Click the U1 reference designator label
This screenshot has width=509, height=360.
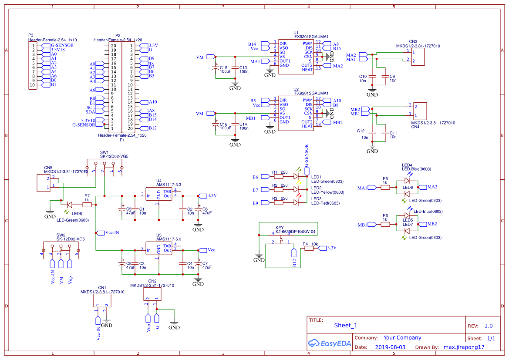296,33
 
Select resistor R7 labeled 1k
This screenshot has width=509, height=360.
87,204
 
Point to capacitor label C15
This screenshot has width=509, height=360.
223,67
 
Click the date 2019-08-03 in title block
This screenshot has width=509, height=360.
390,347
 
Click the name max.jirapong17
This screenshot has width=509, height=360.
464,347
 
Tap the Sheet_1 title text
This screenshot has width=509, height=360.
346,325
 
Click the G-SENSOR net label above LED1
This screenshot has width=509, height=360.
307,156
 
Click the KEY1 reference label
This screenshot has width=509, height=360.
281,227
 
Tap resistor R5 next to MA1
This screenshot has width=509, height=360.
385,187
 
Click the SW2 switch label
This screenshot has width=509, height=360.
61,235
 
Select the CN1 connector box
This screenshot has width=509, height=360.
102,301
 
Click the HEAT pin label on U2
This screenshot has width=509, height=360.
307,126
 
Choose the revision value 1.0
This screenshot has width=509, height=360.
489,326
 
